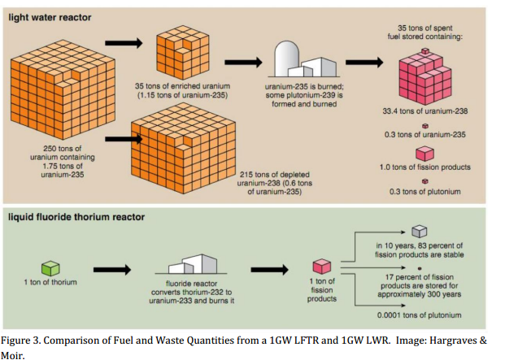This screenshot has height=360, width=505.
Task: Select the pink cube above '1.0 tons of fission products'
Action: [x=424, y=154]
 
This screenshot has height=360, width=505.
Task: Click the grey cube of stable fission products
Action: [x=420, y=232]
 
